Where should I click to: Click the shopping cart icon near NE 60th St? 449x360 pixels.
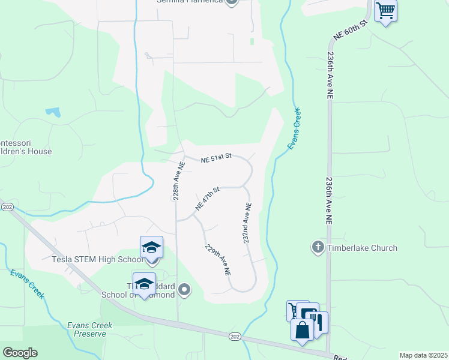click(x=385, y=10)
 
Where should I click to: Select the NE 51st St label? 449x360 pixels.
click(x=216, y=157)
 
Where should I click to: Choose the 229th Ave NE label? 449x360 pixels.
click(x=217, y=260)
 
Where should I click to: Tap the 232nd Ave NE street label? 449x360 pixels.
click(x=247, y=222)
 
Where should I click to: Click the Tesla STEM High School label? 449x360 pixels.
click(x=97, y=260)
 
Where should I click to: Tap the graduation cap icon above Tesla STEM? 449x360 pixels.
click(x=151, y=247)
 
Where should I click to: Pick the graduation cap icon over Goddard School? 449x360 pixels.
click(x=144, y=284)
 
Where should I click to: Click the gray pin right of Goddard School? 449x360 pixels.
click(x=185, y=291)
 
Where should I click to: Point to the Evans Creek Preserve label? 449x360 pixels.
click(x=90, y=329)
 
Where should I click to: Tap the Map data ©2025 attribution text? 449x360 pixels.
click(x=423, y=355)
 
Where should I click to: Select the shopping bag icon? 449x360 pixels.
click(x=301, y=329)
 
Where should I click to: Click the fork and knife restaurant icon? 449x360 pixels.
click(x=319, y=322)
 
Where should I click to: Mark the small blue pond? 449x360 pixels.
click(x=53, y=112)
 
